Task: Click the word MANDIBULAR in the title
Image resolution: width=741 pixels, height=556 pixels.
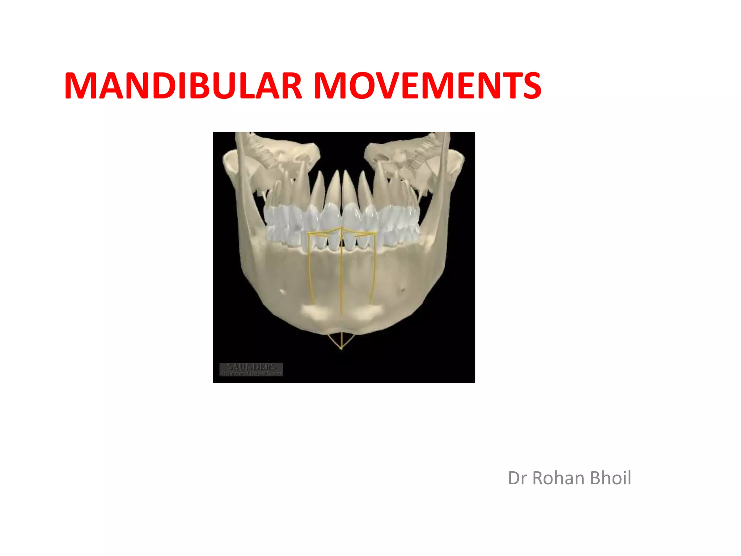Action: coord(183,86)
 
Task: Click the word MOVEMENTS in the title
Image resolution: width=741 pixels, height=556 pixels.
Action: coord(427,86)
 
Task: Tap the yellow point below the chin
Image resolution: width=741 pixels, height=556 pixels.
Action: coord(341,348)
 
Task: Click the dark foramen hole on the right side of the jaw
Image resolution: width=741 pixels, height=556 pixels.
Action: coord(402,289)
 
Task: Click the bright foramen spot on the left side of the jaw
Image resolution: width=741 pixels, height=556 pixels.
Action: coord(283,291)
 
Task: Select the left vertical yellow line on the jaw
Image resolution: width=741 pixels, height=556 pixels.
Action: coord(309,268)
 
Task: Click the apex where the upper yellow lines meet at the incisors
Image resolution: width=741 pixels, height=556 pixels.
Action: coord(341,229)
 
